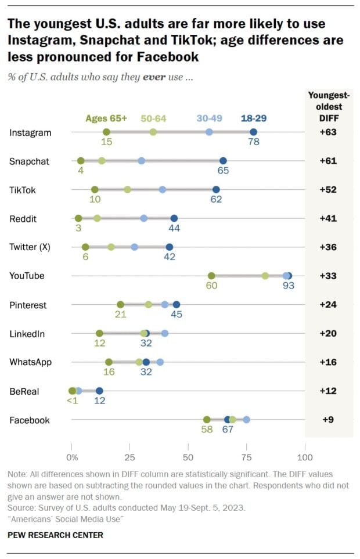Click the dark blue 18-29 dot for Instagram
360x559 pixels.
[253, 132]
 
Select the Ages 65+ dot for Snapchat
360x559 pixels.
[81, 161]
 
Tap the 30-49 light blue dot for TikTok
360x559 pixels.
[163, 189]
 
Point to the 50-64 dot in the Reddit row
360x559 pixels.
[97, 218]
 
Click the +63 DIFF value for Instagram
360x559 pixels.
[328, 132]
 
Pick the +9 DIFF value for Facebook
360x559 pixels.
[328, 420]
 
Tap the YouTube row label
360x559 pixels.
[27, 276]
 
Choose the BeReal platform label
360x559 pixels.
[24, 391]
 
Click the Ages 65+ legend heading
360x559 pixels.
[106, 118]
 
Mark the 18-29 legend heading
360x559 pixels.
[253, 118]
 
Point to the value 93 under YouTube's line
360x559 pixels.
[289, 286]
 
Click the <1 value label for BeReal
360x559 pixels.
[73, 401]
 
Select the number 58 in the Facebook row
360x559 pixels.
[206, 430]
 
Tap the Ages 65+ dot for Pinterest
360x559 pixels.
[120, 305]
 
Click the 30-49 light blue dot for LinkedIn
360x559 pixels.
[165, 333]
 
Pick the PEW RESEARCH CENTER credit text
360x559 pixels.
[56, 535]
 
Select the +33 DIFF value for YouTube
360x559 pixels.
[328, 276]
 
